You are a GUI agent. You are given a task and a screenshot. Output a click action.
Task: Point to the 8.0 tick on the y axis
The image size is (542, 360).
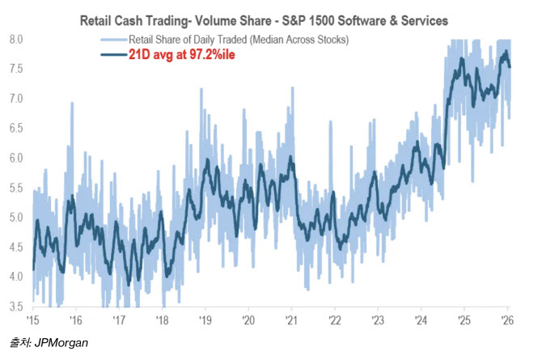(x=15, y=39)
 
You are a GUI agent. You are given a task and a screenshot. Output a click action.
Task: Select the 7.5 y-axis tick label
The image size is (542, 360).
(x=15, y=69)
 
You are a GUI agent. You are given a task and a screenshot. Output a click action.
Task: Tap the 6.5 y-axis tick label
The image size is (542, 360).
(x=15, y=128)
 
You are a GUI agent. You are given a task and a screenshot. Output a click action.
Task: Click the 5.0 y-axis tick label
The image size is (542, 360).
(x=15, y=217)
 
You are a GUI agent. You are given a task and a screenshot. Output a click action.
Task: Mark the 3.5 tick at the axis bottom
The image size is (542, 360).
(x=15, y=306)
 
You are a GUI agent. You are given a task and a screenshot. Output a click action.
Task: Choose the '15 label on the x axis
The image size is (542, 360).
(x=33, y=319)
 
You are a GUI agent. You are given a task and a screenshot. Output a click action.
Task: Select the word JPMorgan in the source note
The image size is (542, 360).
(x=61, y=344)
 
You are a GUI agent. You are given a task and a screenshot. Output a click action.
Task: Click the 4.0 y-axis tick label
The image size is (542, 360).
(x=15, y=276)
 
